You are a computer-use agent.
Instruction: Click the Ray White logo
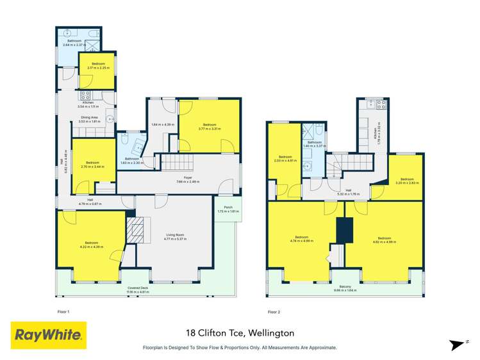pos(49,334)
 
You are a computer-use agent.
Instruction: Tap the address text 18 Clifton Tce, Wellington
pos(240,333)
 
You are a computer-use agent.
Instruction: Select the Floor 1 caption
pos(63,311)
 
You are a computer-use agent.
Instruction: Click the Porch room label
pos(228,209)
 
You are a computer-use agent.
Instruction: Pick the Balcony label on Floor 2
pos(345,288)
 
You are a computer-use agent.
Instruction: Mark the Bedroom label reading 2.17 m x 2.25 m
pos(97,65)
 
